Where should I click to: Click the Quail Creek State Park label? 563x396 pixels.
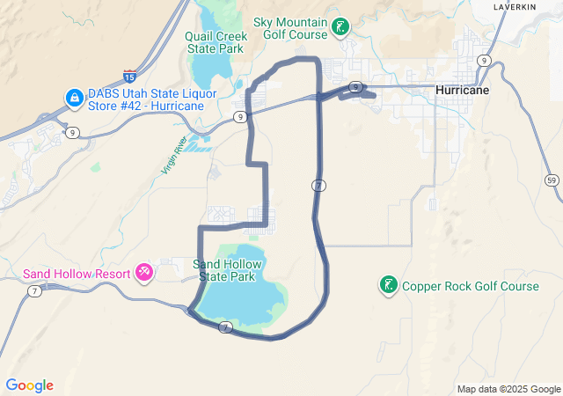click(215, 42)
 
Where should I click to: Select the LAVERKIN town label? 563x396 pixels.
click(515, 6)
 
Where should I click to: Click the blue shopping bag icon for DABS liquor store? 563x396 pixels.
click(75, 96)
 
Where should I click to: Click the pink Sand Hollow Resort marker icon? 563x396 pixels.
click(144, 273)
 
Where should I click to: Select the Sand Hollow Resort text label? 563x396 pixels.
click(76, 273)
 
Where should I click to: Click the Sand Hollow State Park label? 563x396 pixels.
click(226, 270)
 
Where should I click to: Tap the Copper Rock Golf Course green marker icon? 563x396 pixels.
click(387, 285)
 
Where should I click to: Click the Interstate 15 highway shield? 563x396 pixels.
click(129, 76)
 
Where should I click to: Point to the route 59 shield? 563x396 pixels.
click(552, 180)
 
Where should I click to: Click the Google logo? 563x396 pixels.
click(29, 385)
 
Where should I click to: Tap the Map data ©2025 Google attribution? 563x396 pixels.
click(508, 389)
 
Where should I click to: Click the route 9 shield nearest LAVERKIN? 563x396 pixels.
click(484, 60)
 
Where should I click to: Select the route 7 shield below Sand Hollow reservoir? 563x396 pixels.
click(226, 327)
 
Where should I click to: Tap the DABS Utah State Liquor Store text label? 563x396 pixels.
click(146, 99)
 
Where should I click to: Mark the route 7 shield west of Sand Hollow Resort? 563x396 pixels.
click(33, 290)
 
